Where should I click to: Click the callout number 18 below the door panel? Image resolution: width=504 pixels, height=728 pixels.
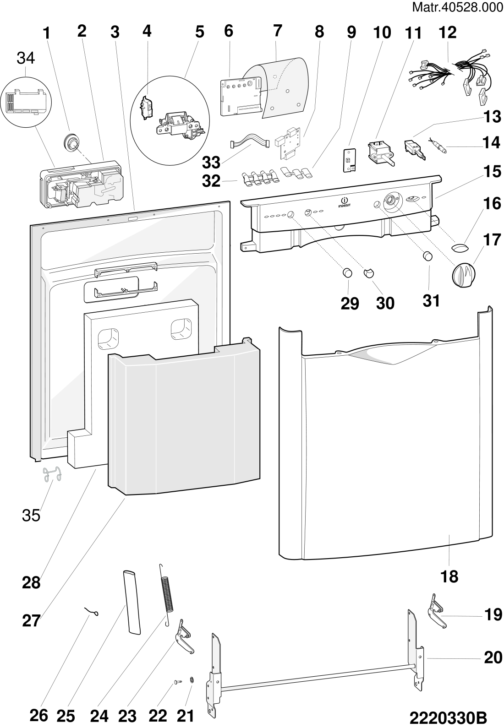click(449, 577)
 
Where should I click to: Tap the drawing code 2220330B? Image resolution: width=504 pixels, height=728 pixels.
click(448, 717)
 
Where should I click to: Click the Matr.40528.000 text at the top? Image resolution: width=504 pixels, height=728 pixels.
click(457, 7)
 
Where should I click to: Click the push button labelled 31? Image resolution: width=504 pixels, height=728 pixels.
click(427, 256)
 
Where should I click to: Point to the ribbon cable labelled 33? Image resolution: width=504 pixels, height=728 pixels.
click(250, 141)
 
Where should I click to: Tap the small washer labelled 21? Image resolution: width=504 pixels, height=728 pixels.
click(192, 679)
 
